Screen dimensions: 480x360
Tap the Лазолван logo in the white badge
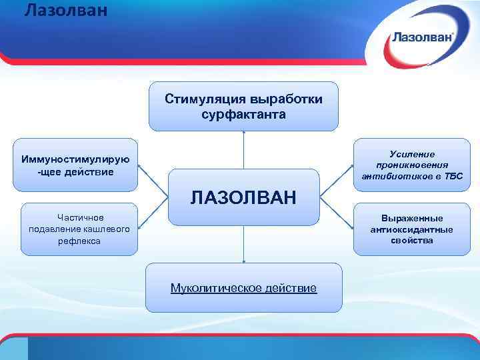click(423, 37)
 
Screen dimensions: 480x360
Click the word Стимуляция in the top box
click(205, 100)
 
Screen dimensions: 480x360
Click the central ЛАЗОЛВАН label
click(243, 197)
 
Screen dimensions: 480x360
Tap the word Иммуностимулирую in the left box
click(75, 159)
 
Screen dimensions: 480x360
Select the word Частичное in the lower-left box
click(79, 217)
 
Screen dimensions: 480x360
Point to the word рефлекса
click(79, 241)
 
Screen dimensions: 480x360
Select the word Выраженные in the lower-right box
click(412, 218)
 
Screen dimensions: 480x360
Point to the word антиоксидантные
click(412, 229)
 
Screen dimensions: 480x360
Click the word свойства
click(412, 241)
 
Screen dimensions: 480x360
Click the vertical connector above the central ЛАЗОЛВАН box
click(244, 150)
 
